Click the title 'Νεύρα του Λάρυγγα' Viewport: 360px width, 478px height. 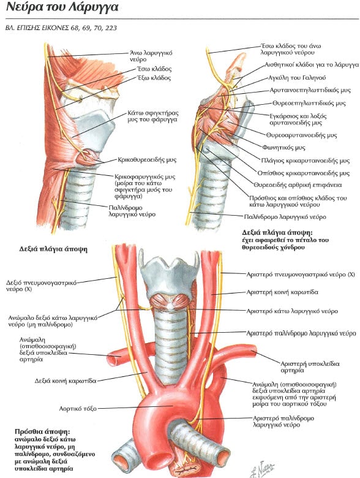62,7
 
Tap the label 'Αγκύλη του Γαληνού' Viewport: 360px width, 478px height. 297,78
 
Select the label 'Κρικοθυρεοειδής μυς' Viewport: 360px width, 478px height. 147,160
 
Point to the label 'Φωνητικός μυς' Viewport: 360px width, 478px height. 283,148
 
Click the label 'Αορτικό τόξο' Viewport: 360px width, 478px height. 78,408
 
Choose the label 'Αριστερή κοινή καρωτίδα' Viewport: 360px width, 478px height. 282,292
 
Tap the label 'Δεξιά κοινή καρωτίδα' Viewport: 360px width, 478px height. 66,381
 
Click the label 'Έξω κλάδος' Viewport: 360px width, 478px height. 154,78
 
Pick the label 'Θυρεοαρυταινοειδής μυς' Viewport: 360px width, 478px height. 301,135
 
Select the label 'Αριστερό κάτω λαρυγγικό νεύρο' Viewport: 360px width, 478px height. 292,311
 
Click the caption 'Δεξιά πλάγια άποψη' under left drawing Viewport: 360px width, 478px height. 53,249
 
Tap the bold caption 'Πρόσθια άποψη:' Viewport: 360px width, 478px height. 42,432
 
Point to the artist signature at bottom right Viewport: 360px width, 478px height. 262,469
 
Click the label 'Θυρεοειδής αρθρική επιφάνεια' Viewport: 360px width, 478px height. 298,184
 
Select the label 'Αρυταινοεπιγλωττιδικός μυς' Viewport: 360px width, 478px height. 310,90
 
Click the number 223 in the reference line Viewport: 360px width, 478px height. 111,28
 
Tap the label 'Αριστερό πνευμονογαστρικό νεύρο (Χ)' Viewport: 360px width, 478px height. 301,275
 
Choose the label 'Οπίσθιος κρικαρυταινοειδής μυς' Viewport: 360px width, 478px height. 303,173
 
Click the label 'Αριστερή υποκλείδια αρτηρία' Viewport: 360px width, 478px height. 310,367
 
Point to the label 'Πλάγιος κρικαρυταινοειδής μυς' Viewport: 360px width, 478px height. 306,161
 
